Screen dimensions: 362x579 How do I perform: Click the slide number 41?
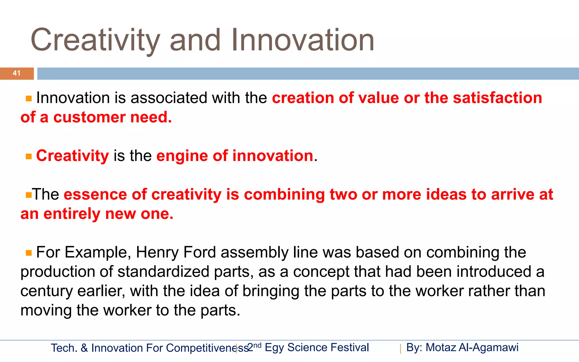[x=17, y=73]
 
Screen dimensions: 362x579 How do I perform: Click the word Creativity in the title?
[x=96, y=40]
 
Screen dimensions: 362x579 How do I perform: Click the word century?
[x=46, y=291]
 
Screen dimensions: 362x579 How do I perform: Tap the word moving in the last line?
[x=46, y=311]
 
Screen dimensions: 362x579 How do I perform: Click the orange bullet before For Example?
[x=29, y=253]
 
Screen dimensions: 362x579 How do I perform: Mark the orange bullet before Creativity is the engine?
[x=29, y=156]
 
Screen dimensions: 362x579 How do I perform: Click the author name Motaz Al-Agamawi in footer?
[x=472, y=348]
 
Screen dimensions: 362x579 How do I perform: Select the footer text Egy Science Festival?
[x=317, y=348]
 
